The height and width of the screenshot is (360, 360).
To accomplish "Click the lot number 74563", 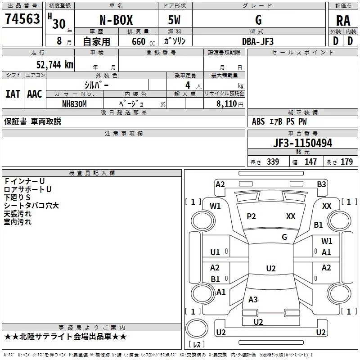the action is click(x=22, y=19).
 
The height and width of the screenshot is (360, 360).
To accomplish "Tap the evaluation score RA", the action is click(x=343, y=21).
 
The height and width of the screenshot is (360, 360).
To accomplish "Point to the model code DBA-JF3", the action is click(x=258, y=41).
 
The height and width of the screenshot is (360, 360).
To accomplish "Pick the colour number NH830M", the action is click(x=74, y=104).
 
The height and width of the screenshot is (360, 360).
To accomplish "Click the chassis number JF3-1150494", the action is click(x=290, y=143).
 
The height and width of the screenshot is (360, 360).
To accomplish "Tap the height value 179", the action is click(x=346, y=162).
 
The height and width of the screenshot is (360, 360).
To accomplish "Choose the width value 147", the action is click(x=310, y=162).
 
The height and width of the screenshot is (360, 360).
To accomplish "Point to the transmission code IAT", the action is click(x=13, y=94).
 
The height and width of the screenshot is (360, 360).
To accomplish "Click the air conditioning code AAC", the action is click(x=34, y=94).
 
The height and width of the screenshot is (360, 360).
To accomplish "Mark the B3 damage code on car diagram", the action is click(x=321, y=184).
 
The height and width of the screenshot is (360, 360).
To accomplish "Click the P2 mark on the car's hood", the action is click(x=251, y=216).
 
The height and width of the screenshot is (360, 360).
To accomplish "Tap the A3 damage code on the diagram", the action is click(x=253, y=300).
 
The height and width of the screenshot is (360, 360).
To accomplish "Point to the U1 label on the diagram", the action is click(x=215, y=252).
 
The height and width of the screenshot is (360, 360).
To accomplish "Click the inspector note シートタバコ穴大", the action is click(x=31, y=206).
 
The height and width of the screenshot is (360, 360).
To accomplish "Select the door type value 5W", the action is click(x=175, y=21).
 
